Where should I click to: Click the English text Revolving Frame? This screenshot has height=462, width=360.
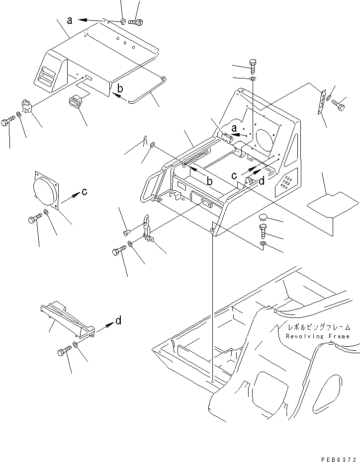318,336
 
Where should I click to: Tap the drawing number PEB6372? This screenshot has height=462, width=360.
339,459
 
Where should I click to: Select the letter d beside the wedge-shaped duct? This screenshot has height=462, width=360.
118,320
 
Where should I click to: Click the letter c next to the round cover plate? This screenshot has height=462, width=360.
85,192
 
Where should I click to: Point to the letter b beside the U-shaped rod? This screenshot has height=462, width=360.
120,88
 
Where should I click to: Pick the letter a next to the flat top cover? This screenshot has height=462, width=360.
70,20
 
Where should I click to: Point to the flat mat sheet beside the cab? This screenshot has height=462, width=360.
333,204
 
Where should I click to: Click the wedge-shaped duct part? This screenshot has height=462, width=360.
67,319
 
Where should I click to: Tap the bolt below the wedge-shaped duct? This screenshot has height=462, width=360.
64,351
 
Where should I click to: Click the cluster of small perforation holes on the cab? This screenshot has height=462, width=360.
286,182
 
